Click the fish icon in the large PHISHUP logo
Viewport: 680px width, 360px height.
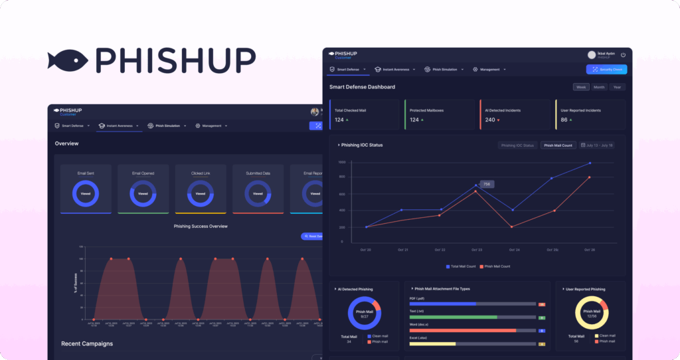(69, 59)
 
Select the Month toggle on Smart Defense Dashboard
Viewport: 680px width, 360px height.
(599, 87)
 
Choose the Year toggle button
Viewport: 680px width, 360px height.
(617, 87)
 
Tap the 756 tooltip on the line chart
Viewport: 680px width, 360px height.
(487, 184)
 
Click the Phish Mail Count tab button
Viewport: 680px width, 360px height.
(557, 145)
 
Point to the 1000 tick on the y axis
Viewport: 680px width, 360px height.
(342, 161)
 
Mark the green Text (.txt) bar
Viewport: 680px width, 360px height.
(454, 317)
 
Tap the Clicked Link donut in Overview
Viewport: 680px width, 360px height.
(201, 194)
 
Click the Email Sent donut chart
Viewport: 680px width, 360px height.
(86, 194)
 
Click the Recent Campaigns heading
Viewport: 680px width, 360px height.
(86, 343)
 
